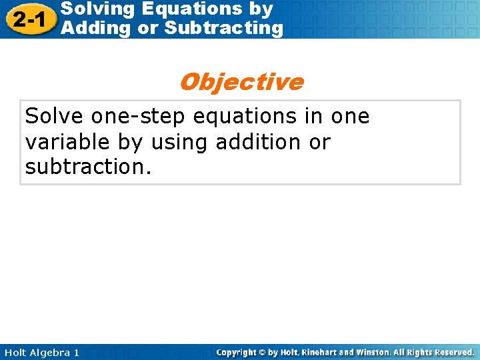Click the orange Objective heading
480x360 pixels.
(x=241, y=82)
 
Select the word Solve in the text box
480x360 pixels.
(x=55, y=117)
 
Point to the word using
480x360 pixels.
(x=183, y=142)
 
